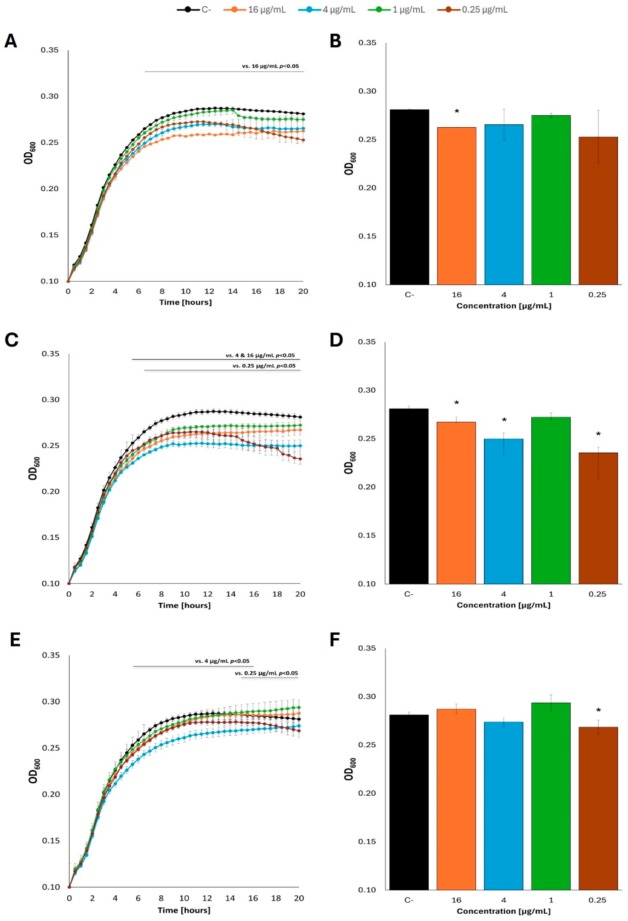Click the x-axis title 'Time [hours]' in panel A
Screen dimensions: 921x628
185,302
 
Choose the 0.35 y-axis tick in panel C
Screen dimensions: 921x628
50,354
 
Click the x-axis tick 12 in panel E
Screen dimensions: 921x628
207,898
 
